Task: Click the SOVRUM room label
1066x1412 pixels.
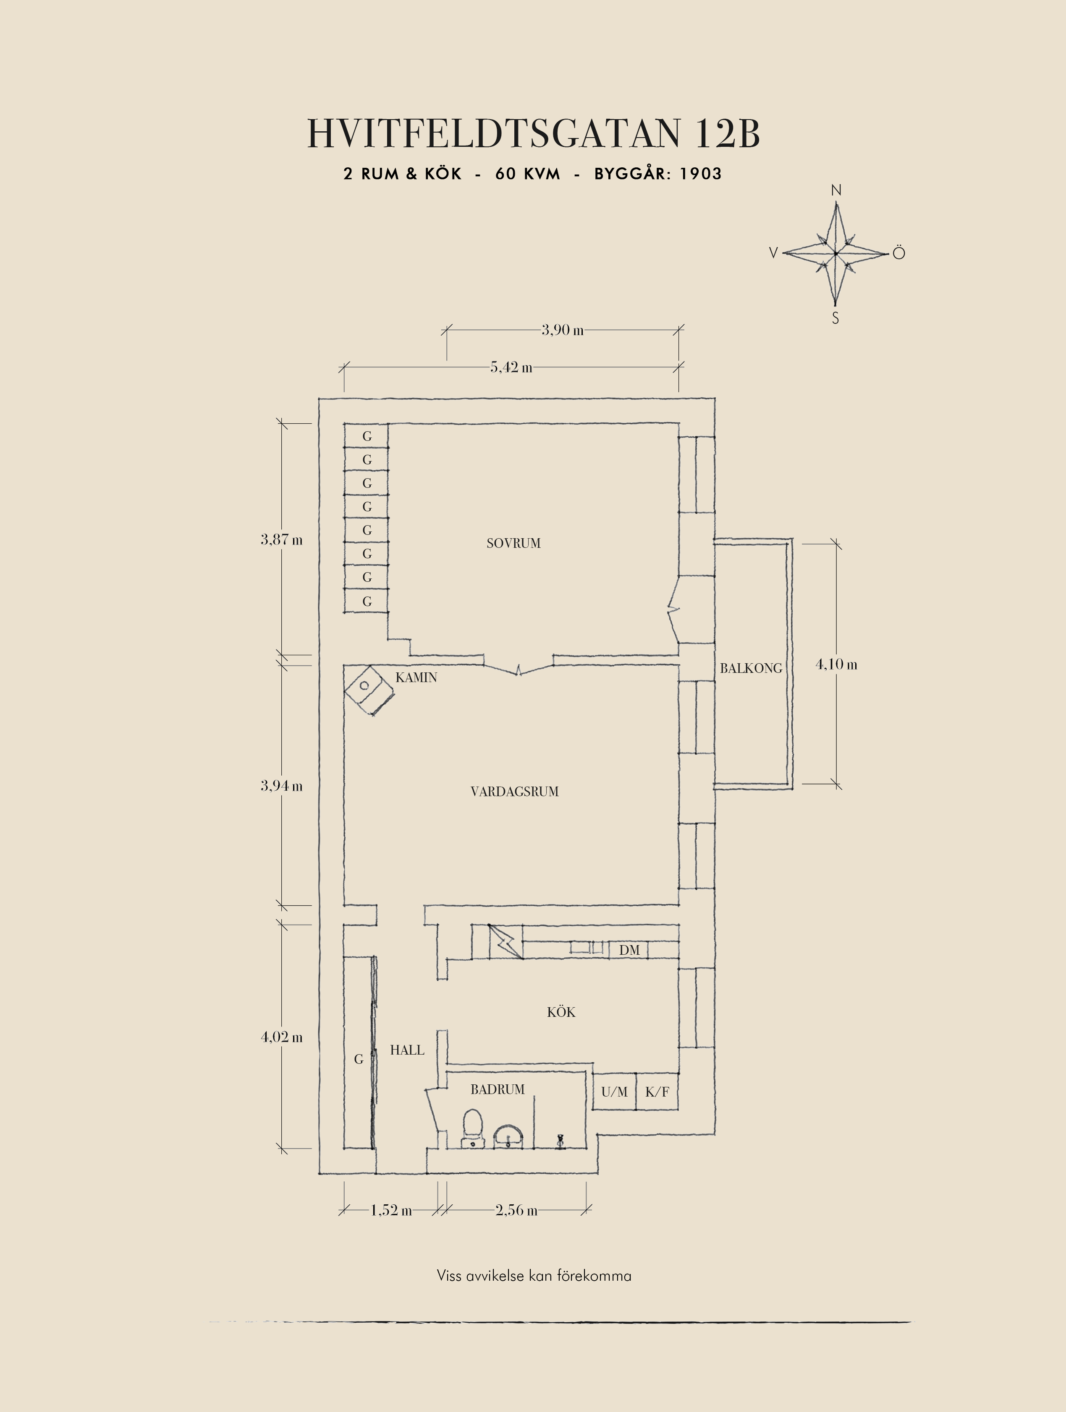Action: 513,543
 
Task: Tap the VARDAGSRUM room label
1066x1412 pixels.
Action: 515,792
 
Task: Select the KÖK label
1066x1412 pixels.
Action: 561,1012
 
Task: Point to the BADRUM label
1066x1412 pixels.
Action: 498,1090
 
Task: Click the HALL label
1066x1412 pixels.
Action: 407,1050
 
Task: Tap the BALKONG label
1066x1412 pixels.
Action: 751,668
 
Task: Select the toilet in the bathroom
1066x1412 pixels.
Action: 473,1128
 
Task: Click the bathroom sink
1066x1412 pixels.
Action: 508,1136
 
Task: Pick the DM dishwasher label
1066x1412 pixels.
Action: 629,951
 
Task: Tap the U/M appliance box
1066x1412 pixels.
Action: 614,1092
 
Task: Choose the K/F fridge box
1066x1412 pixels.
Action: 657,1092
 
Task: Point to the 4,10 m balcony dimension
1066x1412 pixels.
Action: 836,664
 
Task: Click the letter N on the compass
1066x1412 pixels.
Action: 836,190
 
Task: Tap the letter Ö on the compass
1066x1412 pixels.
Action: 898,253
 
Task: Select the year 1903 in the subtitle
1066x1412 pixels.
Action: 701,174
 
